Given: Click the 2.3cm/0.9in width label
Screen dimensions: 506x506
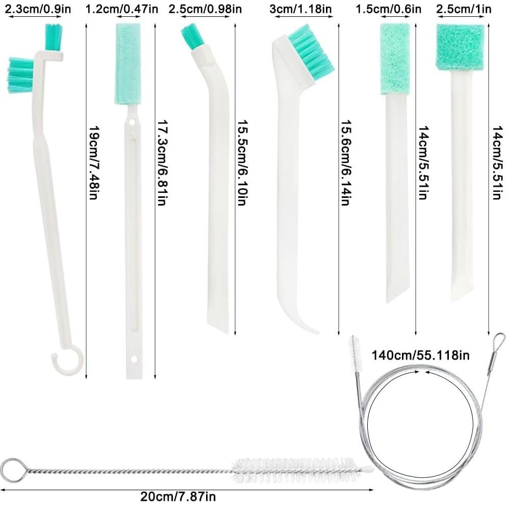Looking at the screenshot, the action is click(31, 9).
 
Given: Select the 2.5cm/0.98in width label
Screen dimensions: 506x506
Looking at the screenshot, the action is click(205, 9).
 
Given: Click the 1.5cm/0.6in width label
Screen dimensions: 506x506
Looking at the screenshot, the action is click(396, 9).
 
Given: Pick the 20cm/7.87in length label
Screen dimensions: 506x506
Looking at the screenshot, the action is click(178, 496).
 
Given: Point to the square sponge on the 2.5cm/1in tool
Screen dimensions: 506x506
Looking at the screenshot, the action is click(459, 46).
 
